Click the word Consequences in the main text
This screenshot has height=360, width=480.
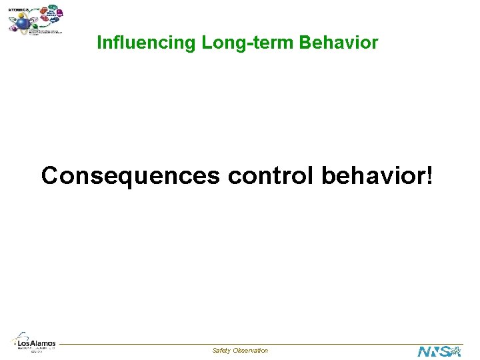tap(130, 175)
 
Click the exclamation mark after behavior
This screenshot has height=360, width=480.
tap(429, 175)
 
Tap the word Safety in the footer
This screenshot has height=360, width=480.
tap(221, 351)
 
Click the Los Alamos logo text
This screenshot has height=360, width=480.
tap(37, 343)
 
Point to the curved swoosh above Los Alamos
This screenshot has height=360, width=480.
tap(21, 337)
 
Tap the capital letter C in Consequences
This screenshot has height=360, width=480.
tap(49, 175)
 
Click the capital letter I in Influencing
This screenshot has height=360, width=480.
tap(99, 43)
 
